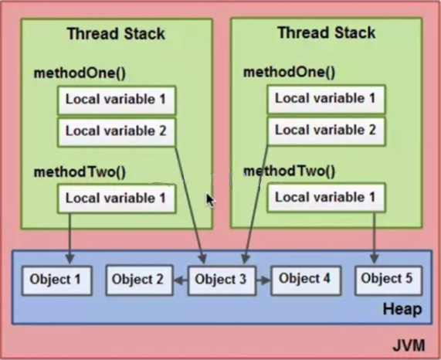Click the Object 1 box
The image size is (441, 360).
pos(57,280)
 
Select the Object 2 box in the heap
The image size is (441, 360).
pos(139,280)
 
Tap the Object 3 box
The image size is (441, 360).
pos(222,280)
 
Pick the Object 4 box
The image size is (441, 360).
pos(306,280)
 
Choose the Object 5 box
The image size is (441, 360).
pos(388,280)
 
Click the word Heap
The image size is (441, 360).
pos(402,309)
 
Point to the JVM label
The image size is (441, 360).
pos(409,345)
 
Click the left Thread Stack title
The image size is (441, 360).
pos(116,33)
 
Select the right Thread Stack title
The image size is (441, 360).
pos(327,32)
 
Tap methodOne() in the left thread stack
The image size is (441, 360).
pos(80,73)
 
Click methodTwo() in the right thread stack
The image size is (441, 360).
pos(290,171)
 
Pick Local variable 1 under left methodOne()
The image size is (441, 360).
pos(117,100)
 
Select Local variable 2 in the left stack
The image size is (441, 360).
pos(117,132)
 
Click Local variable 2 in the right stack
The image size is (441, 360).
pos(326,131)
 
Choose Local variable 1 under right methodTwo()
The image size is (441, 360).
pos(326,198)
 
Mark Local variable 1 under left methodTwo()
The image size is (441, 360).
pos(117,199)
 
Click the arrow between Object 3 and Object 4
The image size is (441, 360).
pos(263,280)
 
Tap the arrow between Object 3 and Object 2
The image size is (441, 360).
pos(181,280)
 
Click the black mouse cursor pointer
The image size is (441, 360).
pos(210,200)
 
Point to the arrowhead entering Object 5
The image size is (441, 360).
pos(374,259)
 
